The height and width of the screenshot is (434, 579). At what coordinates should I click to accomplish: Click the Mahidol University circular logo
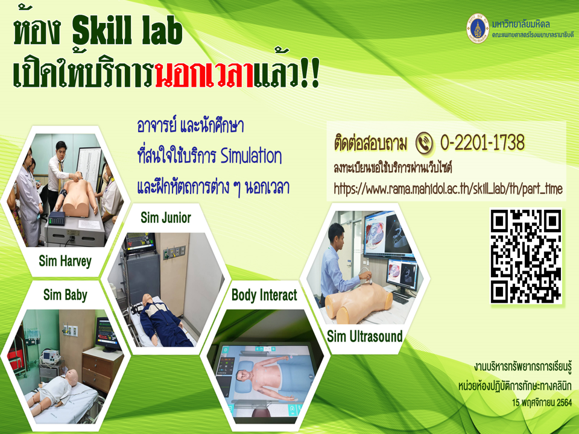click(478, 28)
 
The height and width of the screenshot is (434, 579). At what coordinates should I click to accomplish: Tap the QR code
click(526, 256)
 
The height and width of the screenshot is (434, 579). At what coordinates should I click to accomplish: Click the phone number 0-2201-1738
click(482, 142)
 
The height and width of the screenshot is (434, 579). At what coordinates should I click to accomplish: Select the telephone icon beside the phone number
click(424, 143)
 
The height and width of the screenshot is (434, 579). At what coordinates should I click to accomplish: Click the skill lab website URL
click(448, 189)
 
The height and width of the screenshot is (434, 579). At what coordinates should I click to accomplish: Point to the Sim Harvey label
click(65, 261)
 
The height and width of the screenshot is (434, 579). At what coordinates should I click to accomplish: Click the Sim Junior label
click(166, 218)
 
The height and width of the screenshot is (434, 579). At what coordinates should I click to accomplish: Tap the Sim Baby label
click(65, 295)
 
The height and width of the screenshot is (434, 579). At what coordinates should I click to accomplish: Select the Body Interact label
click(264, 295)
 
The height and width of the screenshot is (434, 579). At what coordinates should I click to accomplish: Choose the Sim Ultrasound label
click(364, 336)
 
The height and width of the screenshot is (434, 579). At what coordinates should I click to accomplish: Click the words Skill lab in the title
click(127, 32)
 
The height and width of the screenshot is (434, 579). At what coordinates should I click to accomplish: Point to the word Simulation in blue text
click(251, 156)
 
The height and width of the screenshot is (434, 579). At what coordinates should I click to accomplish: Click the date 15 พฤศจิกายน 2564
click(542, 402)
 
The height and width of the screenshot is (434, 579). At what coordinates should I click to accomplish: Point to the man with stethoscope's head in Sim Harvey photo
click(60, 148)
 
